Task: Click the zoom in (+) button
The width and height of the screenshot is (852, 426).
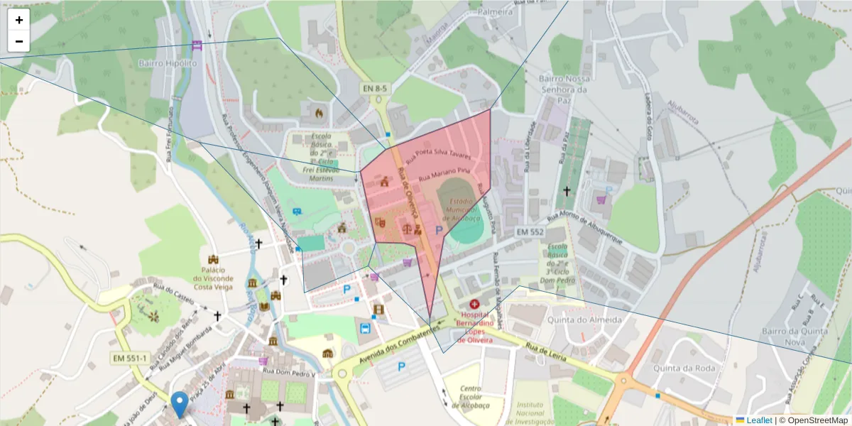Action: pos(19,20)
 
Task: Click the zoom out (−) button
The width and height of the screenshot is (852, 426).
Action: pos(19,41)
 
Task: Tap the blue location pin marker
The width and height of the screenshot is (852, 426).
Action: pos(180,404)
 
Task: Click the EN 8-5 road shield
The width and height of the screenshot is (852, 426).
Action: pos(375,88)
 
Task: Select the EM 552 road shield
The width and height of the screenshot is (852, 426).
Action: pos(530,232)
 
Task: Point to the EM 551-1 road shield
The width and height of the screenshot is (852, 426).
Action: pos(129,358)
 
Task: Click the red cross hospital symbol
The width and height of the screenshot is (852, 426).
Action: pos(474,304)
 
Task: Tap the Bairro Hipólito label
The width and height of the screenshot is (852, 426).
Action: pos(168,63)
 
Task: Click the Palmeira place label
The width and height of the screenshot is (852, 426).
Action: pos(495,12)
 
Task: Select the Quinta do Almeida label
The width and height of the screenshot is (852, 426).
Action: pos(586,319)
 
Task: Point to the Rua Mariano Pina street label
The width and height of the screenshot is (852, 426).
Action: pos(445,173)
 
